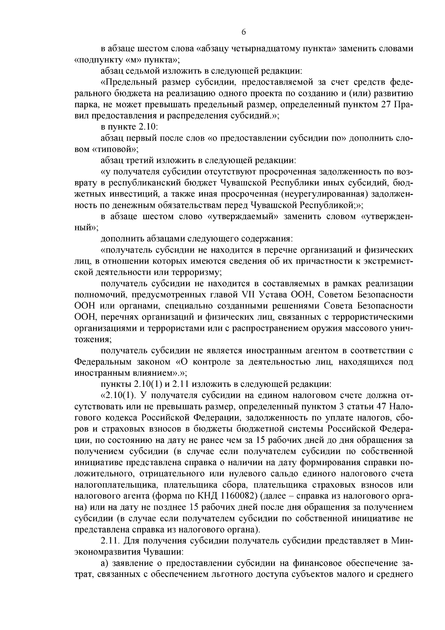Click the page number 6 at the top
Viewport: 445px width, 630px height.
click(244, 32)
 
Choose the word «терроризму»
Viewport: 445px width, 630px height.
click(201, 272)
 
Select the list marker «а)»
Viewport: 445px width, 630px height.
click(105, 564)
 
